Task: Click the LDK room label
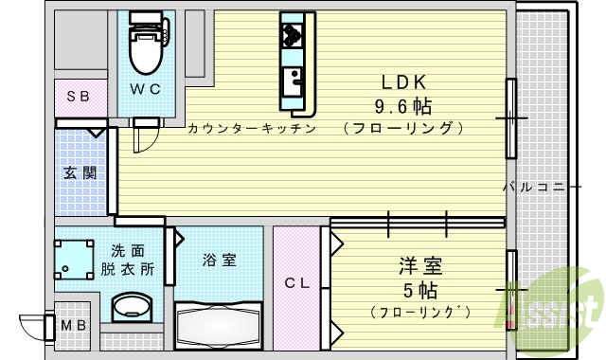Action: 401,81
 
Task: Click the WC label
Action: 145,88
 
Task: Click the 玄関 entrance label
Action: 78,173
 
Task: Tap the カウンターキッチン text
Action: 250,127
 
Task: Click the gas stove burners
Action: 290,35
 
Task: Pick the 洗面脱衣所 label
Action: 128,260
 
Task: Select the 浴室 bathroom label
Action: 219,259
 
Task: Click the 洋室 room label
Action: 419,266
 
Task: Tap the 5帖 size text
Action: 419,288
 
